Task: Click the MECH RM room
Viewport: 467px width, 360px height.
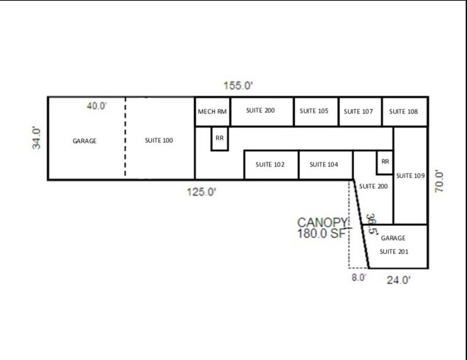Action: pyautogui.click(x=212, y=111)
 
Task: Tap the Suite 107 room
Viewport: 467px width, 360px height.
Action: pyautogui.click(x=360, y=111)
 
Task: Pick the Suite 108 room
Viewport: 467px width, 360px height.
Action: pyautogui.click(x=405, y=111)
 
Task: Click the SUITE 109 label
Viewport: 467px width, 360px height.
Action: pyautogui.click(x=410, y=176)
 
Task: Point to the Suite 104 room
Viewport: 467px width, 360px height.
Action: pyautogui.click(x=325, y=165)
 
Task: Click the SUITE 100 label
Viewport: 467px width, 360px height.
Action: pyautogui.click(x=159, y=141)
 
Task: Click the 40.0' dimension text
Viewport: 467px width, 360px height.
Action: pyautogui.click(x=97, y=106)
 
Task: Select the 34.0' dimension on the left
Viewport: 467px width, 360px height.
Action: pyautogui.click(x=37, y=137)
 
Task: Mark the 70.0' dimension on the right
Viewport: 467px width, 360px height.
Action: pyautogui.click(x=439, y=181)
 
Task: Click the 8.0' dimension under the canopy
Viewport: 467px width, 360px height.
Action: pyautogui.click(x=359, y=277)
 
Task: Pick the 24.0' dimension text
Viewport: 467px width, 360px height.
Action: pyautogui.click(x=397, y=280)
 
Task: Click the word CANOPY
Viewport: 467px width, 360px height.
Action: pyautogui.click(x=323, y=222)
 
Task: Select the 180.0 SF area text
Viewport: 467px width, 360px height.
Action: pyautogui.click(x=322, y=233)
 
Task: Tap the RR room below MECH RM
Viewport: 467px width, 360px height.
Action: pyautogui.click(x=220, y=138)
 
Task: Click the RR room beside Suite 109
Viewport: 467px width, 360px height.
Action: pyautogui.click(x=385, y=162)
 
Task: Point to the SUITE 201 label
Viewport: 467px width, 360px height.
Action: pyautogui.click(x=394, y=251)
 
